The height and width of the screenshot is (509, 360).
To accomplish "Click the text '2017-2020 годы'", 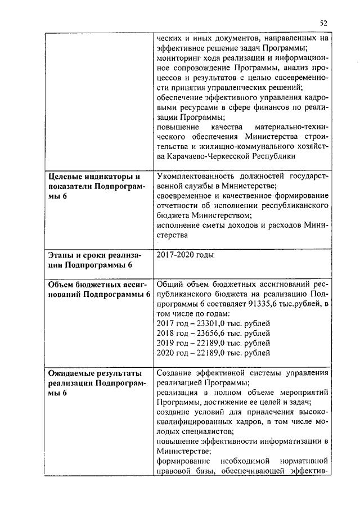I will (x=185, y=255).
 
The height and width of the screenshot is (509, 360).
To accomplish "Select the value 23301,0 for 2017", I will (x=208, y=323).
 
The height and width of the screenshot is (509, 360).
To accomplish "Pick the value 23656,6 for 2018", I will (x=208, y=334).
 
